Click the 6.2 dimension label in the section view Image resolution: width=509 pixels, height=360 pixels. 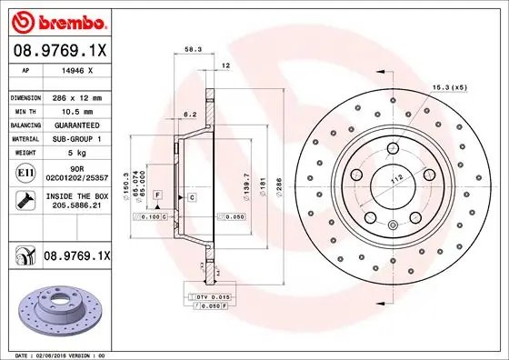[189, 115]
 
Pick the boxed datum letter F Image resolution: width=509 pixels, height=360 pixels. [157, 195]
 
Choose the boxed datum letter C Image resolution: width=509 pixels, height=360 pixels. [193, 196]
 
